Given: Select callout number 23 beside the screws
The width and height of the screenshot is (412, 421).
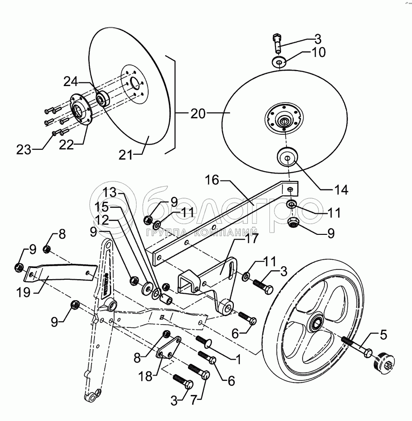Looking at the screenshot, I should point(23,150).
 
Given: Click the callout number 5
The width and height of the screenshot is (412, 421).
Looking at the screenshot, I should point(383,334).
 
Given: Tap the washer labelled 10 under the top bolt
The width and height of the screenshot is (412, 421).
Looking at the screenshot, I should point(279,62).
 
